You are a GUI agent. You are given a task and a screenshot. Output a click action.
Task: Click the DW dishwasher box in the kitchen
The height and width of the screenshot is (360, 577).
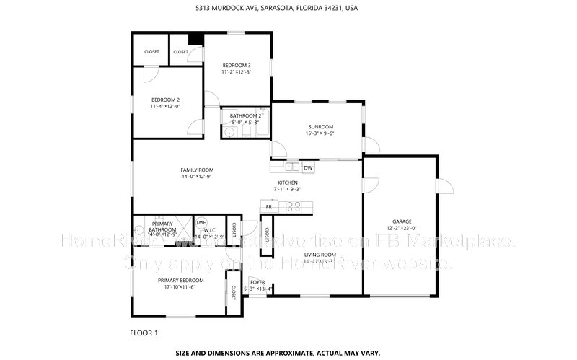click(308, 168)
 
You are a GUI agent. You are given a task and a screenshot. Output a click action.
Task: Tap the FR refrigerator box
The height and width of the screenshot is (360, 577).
click(268, 207)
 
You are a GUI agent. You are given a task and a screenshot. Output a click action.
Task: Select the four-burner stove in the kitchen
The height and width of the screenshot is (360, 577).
click(294, 206)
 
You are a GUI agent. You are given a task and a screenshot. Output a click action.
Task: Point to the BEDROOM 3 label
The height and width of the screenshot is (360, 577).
click(236, 66)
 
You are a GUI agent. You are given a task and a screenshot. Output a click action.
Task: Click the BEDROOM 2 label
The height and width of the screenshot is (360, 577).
click(165, 100)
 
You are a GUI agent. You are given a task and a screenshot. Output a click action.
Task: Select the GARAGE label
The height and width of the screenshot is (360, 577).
click(402, 221)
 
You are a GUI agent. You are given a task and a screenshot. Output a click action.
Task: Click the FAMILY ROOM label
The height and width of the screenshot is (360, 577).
click(197, 170)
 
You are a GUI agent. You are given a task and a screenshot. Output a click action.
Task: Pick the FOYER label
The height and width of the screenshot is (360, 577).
click(257, 282)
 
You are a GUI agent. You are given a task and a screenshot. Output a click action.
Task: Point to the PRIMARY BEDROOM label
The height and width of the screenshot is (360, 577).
click(181, 280)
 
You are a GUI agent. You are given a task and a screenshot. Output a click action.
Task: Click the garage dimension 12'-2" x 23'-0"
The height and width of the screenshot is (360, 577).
click(402, 228)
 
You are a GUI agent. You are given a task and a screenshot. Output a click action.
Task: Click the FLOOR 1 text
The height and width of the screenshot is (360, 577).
click(144, 333)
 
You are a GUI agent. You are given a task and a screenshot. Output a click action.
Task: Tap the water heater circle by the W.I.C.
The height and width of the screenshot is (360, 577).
click(199, 222)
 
